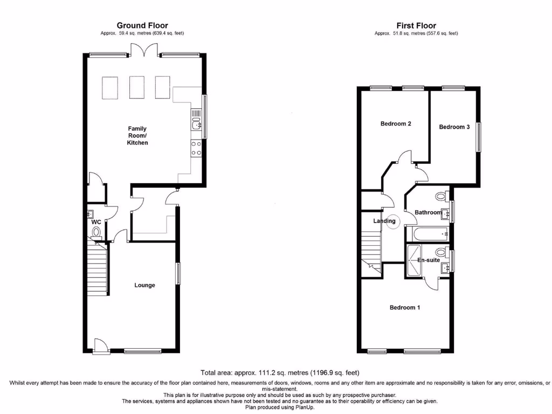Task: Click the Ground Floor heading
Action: [142, 25]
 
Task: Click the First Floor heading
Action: [416, 25]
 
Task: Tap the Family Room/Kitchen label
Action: [137, 135]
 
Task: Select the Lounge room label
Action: [144, 285]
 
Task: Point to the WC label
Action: [96, 222]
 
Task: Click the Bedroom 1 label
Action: [405, 308]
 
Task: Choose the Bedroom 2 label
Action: [396, 124]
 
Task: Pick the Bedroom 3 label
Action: [454, 127]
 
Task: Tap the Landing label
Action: [384, 221]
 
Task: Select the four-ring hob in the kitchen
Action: [196, 148]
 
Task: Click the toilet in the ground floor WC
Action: [96, 232]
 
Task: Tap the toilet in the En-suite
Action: [441, 252]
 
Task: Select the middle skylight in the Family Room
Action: [136, 87]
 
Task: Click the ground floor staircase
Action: [97, 268]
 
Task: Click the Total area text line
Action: [280, 372]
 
